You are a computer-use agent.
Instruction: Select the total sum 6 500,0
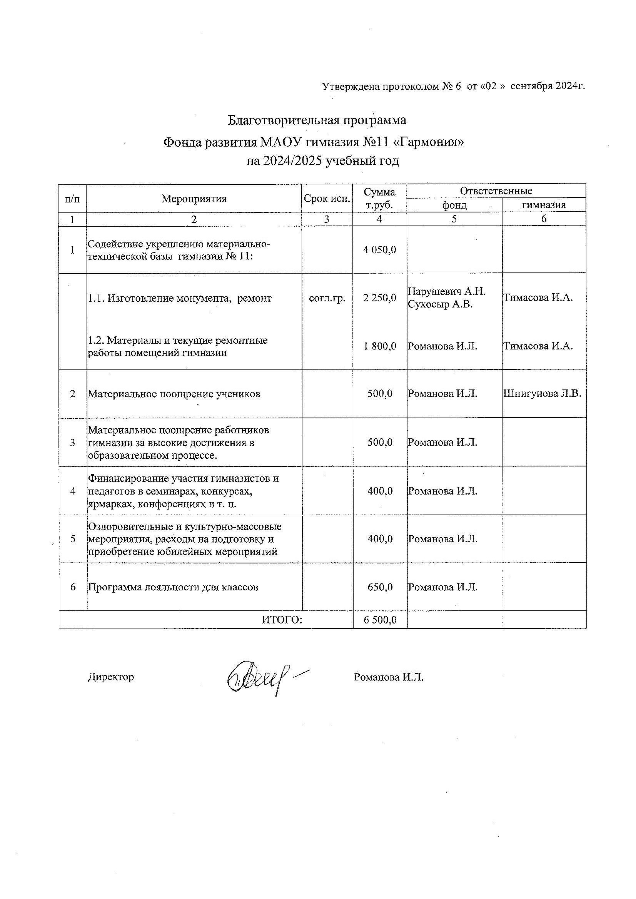(x=380, y=620)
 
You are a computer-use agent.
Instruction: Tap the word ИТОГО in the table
(x=282, y=620)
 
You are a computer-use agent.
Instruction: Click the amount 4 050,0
(x=379, y=249)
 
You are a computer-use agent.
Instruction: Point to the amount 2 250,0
(x=379, y=298)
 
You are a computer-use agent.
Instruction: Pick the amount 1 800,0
(x=379, y=346)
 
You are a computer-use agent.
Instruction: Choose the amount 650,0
(x=380, y=587)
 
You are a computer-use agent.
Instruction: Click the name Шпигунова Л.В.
(x=543, y=394)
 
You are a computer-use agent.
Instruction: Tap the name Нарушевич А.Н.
(x=446, y=291)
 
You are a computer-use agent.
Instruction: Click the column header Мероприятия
(x=194, y=199)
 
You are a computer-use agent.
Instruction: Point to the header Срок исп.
(x=327, y=199)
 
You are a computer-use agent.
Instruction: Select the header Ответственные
(x=496, y=191)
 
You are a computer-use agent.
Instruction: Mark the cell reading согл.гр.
(x=327, y=299)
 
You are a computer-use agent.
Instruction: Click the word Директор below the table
(x=111, y=677)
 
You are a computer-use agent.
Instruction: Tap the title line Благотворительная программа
(x=317, y=120)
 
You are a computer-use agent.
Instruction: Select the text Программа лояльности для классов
(x=173, y=587)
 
